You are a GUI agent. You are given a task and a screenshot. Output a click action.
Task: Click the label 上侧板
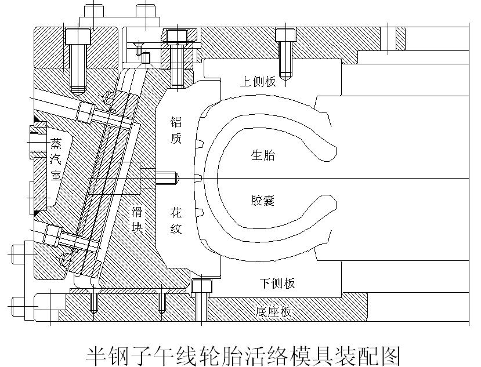coord(258,82)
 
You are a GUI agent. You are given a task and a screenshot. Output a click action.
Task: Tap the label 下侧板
coord(277,283)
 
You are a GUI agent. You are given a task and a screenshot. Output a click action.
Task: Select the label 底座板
coord(273,312)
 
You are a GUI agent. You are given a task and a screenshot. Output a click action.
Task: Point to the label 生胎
coord(263,155)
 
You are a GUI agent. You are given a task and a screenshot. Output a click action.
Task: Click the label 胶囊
coord(263,201)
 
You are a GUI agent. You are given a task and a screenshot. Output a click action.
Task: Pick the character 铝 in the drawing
coord(176,122)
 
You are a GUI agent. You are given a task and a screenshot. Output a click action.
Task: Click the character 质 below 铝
coord(176,140)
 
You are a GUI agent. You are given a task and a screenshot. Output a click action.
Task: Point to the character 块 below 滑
coord(137,228)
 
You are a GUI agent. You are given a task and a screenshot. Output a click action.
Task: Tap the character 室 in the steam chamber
coord(56,176)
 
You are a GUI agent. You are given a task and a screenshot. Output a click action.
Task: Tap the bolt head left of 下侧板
coord(201,286)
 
